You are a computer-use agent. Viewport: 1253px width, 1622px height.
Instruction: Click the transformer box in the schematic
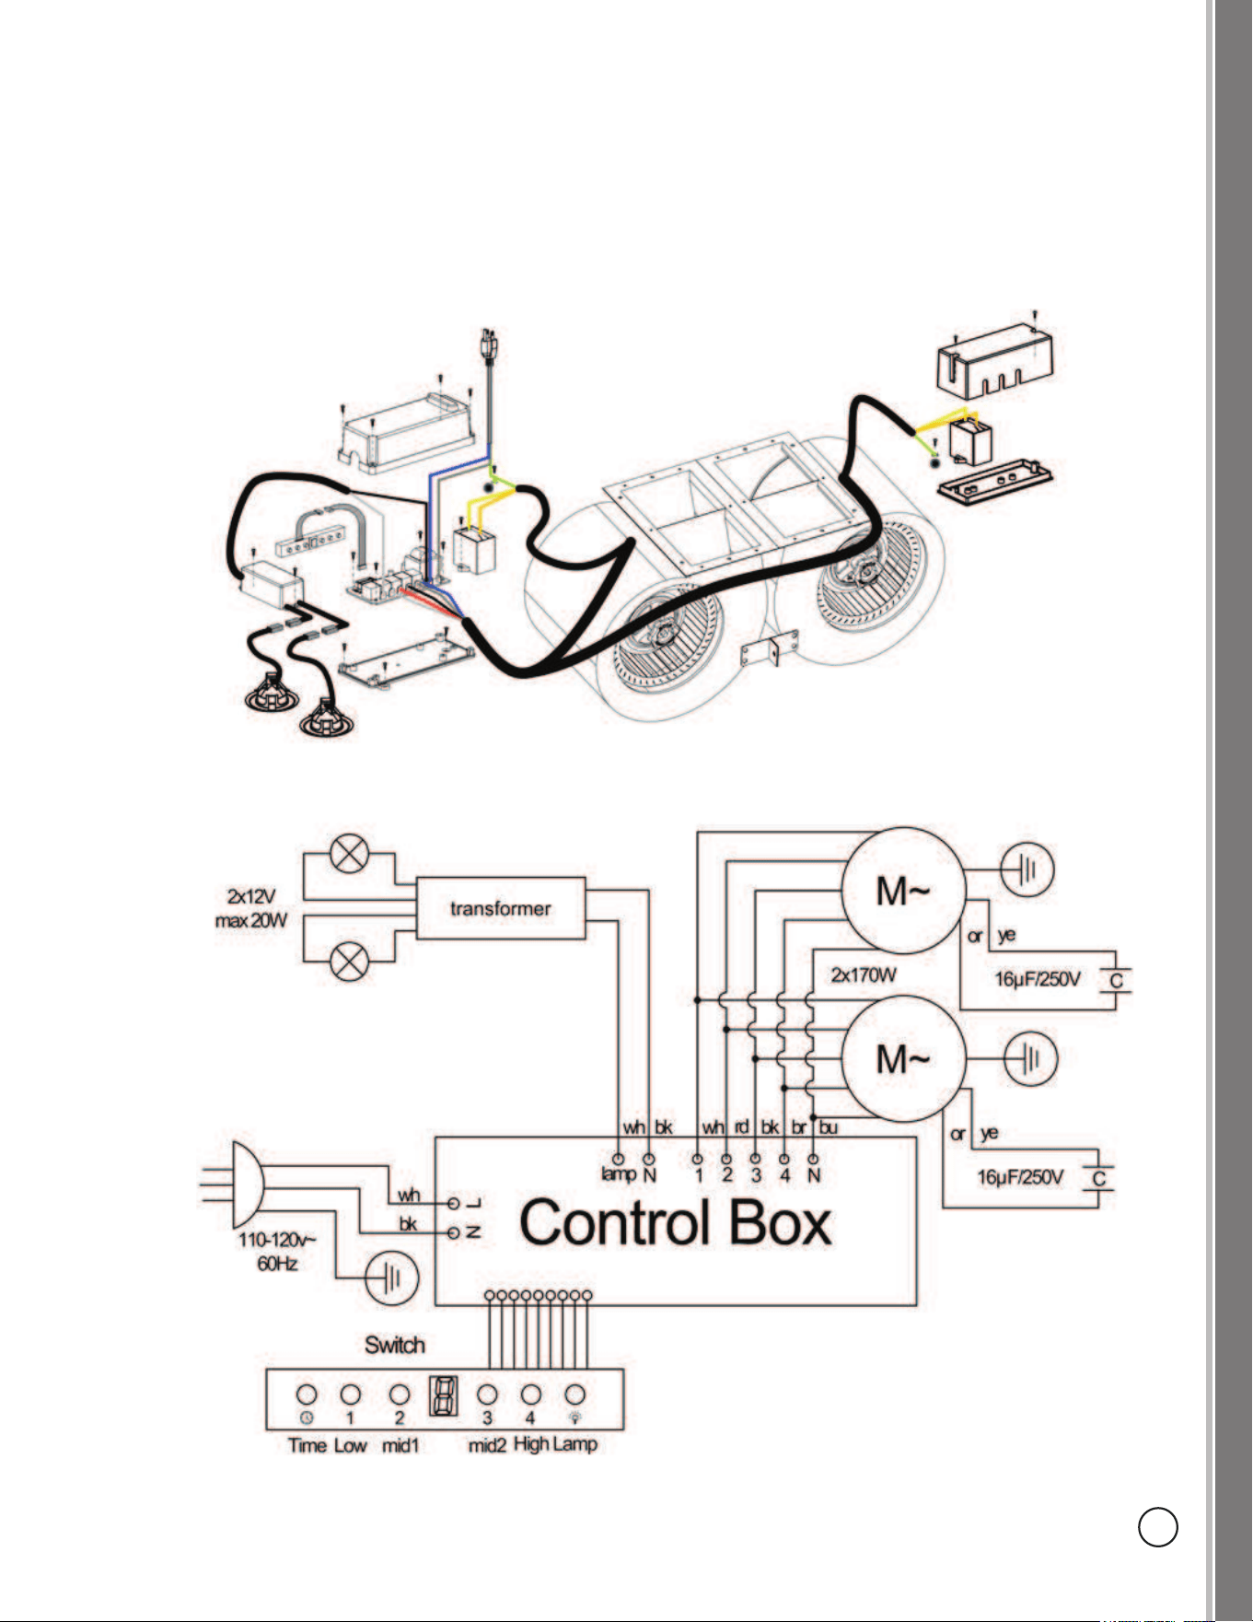501,908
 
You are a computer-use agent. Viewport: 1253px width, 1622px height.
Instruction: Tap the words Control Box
676,1223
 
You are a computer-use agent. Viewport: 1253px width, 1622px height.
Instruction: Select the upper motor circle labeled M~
903,890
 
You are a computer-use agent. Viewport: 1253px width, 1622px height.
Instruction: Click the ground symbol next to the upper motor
1027,869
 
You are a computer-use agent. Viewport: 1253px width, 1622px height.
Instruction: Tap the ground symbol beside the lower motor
1030,1059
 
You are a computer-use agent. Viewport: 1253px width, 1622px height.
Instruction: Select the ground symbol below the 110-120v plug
392,1278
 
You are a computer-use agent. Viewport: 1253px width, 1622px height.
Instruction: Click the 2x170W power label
863,974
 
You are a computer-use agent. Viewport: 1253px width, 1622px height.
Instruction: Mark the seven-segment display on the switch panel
444,1396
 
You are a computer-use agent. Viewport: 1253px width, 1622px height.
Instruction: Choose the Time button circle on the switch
307,1394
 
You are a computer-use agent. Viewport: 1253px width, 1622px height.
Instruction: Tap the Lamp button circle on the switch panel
574,1394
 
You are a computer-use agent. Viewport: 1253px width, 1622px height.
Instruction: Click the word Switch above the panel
395,1345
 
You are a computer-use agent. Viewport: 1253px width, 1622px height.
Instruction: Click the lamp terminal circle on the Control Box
619,1158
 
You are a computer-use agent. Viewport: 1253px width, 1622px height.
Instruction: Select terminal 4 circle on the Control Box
784,1158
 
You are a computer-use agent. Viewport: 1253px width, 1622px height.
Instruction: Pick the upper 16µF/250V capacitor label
1037,979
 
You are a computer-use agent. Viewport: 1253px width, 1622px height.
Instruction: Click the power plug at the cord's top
490,344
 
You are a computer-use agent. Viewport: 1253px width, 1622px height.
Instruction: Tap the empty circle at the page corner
1158,1526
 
